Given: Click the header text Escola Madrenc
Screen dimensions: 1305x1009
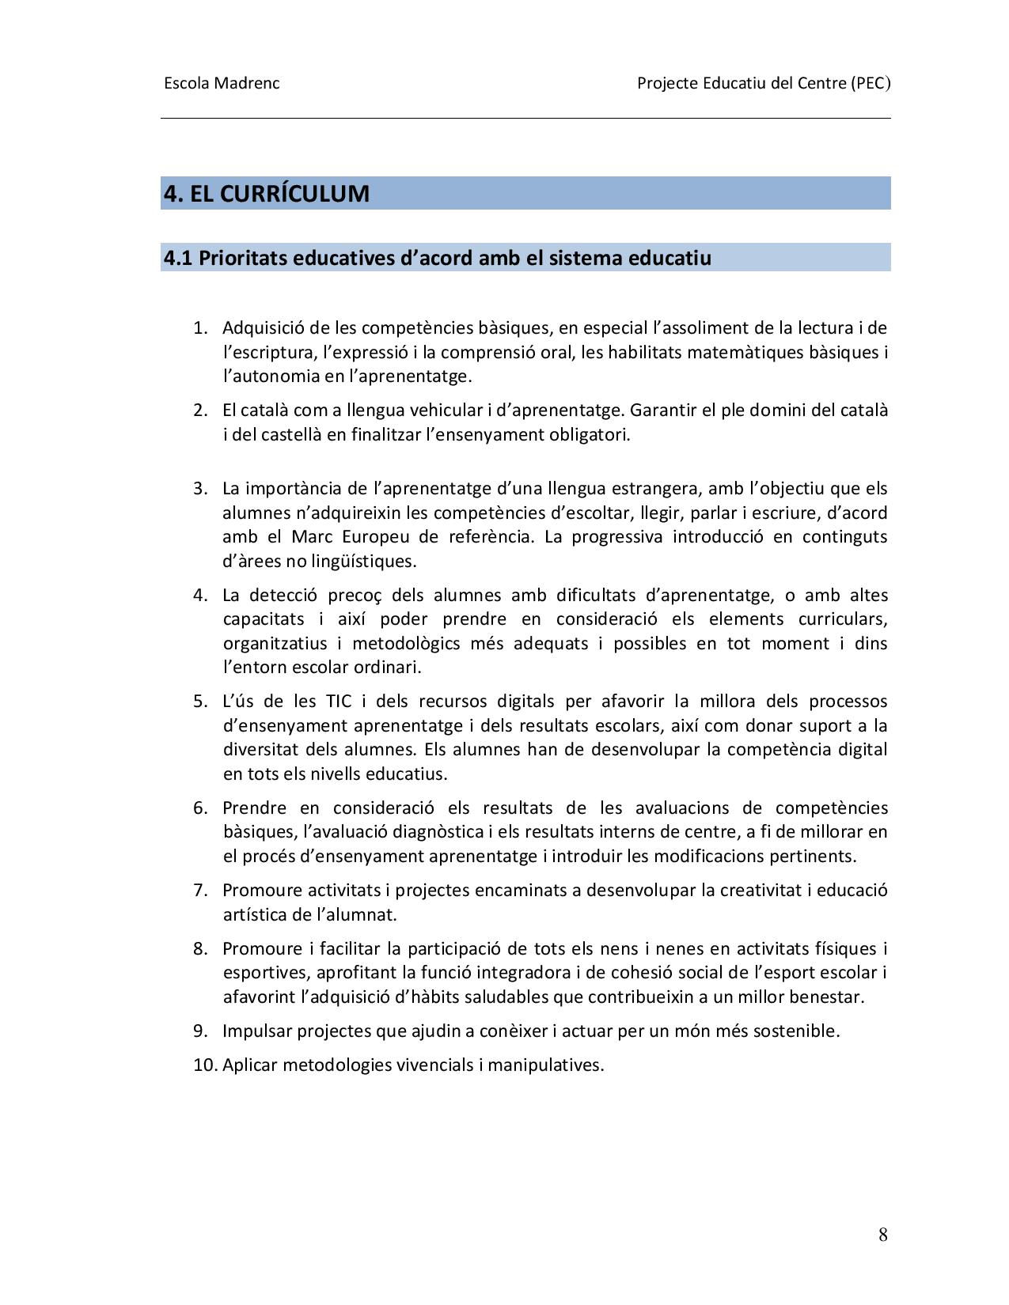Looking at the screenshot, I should [222, 83].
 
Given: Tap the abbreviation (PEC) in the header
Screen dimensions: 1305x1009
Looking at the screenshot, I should [871, 83].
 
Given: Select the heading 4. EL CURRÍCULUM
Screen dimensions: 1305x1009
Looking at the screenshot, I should [267, 194].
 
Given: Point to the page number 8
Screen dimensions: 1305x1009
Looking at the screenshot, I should [882, 1235].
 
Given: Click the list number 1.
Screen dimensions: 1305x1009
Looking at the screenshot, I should [200, 327].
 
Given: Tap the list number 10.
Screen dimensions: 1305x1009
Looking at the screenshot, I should [205, 1065].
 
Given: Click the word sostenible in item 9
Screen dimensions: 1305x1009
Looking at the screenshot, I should [796, 1031].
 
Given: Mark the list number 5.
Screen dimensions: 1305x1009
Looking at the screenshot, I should [200, 701].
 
